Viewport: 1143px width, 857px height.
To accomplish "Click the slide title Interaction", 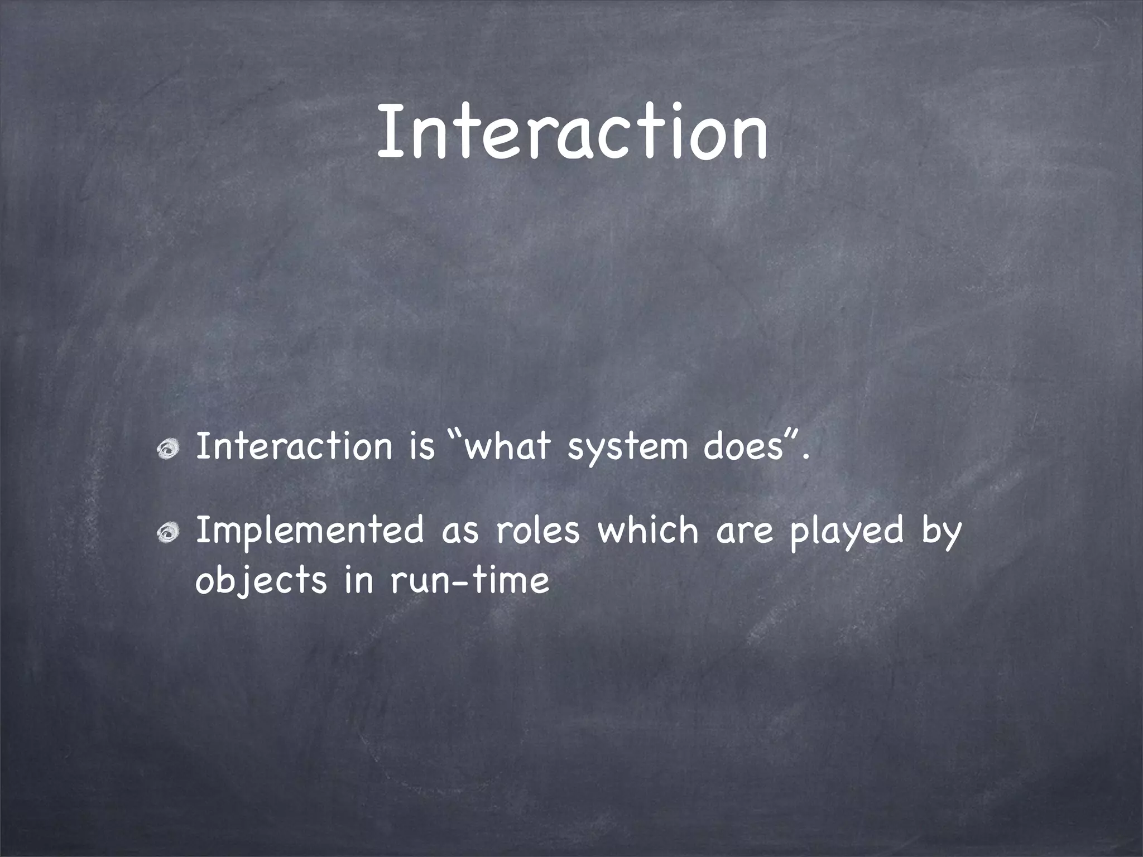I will (571, 132).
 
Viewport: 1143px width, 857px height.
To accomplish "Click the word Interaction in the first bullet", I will (294, 446).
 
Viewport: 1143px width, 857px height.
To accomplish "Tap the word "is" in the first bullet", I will (421, 446).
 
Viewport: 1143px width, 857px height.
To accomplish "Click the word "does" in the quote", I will (742, 446).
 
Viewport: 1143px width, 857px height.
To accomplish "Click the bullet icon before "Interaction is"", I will (167, 448).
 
